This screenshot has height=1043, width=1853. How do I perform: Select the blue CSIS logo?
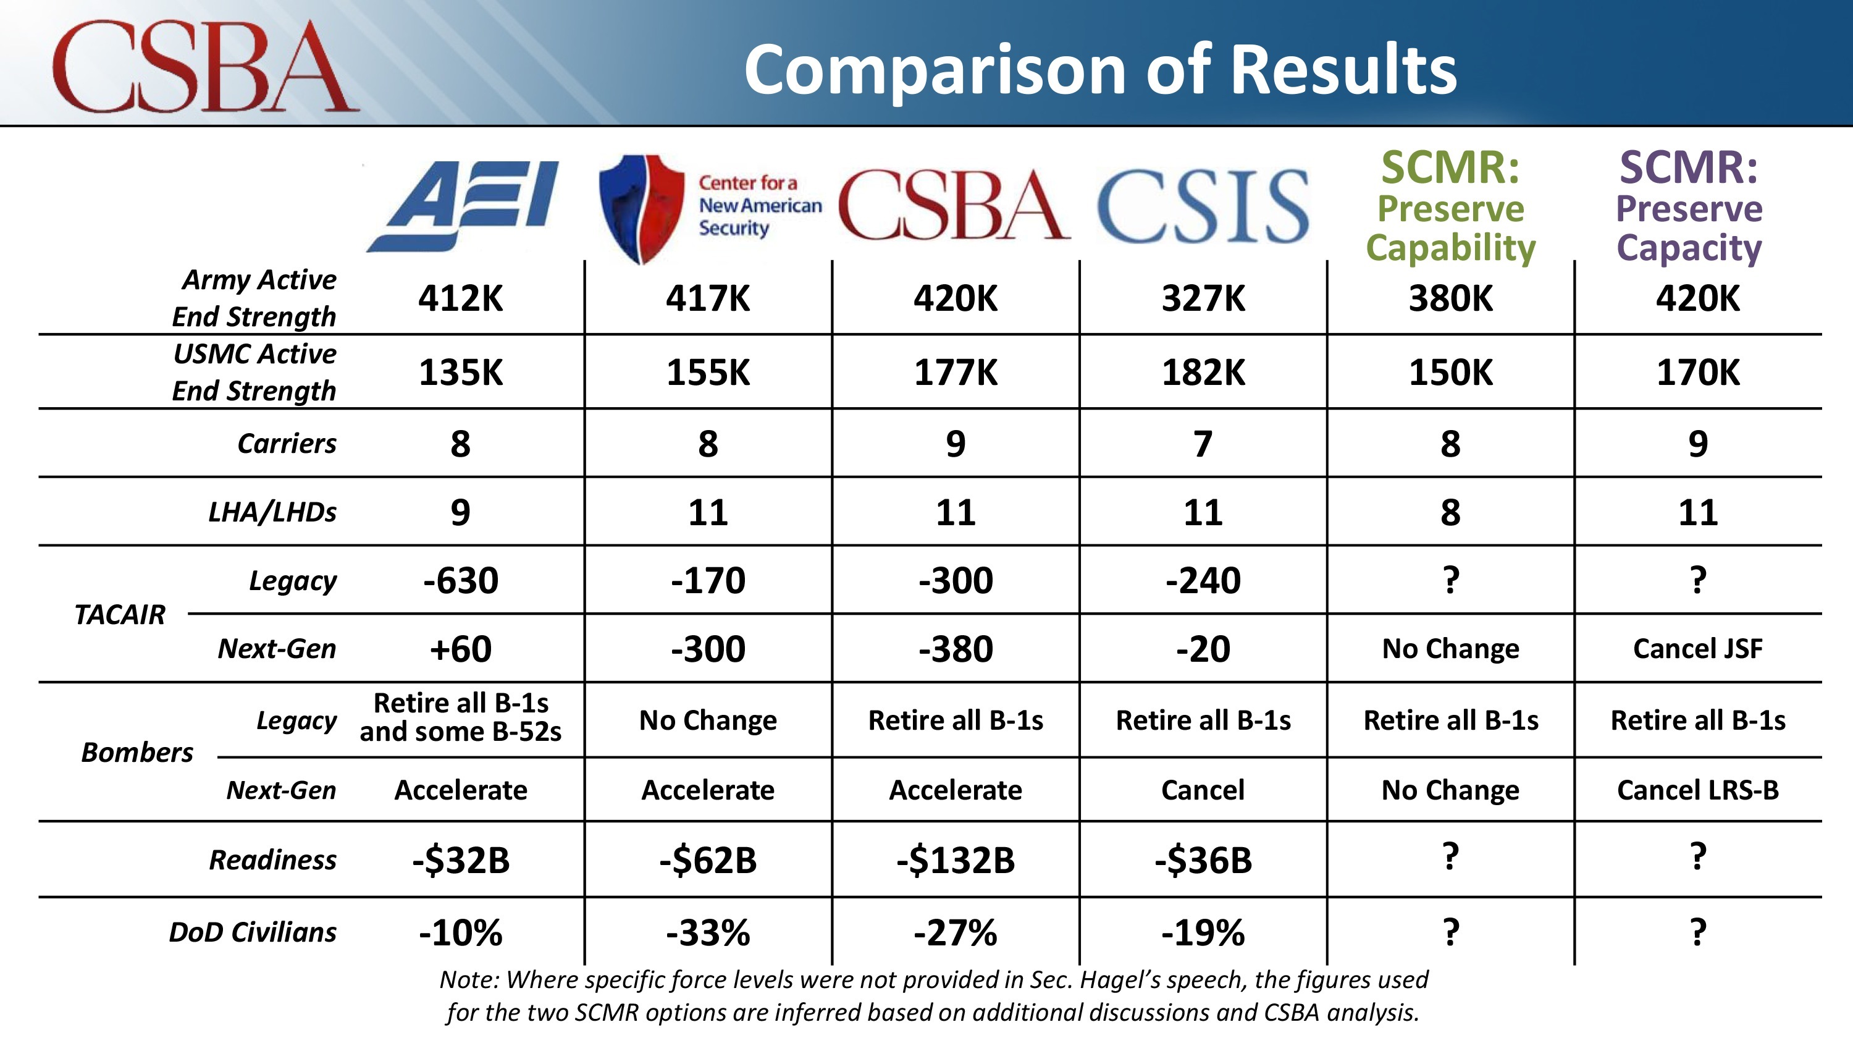point(1202,206)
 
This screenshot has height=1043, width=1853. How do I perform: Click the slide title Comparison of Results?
point(1100,69)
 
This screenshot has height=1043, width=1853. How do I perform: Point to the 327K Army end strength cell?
point(1203,298)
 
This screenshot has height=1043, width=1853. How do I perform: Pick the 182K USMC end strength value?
point(1203,373)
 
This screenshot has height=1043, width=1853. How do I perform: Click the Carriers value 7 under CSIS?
point(1203,444)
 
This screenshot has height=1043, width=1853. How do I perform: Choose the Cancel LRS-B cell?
point(1697,790)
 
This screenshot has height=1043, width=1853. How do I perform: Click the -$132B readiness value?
point(956,860)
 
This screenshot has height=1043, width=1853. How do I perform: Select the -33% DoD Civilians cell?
point(708,933)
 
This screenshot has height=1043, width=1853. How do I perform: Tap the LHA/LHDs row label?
point(272,512)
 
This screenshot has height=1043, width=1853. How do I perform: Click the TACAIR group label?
point(119,615)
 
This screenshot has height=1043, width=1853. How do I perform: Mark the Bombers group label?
point(137,752)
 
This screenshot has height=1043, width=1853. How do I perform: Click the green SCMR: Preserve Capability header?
point(1450,208)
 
